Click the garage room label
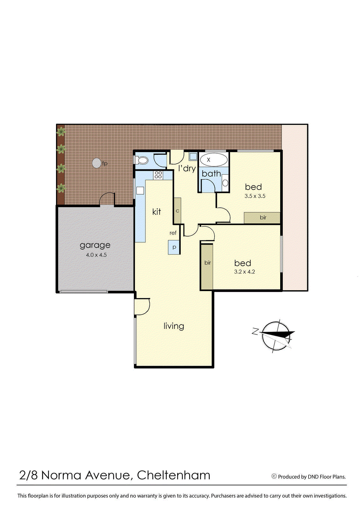point(95,245)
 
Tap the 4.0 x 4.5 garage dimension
point(96,255)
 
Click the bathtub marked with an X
point(213,160)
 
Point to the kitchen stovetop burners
point(158,175)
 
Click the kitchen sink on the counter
point(140,190)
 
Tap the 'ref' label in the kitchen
point(173,233)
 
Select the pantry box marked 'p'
point(174,247)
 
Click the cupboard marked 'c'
point(177,211)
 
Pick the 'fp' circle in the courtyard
point(97,163)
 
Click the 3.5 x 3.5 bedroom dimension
point(255,196)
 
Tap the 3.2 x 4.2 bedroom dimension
point(244,272)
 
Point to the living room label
point(174,326)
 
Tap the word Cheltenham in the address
point(174,475)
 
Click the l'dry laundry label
point(187,168)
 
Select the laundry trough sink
point(193,156)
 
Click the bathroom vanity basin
point(225,183)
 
